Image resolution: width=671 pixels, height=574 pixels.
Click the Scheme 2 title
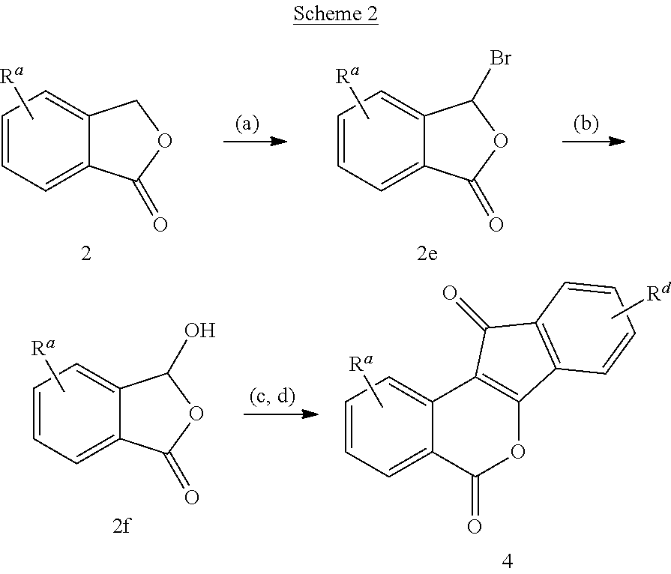point(336,14)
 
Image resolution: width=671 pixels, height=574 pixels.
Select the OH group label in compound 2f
point(198,330)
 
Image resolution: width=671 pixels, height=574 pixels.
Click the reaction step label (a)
point(247,123)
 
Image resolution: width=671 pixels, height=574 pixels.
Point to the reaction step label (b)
point(586,123)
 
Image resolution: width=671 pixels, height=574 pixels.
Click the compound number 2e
point(428,253)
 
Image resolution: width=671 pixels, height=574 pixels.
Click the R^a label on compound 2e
point(346,77)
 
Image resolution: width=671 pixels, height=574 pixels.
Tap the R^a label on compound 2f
point(43,348)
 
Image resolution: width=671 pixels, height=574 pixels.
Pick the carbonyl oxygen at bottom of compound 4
point(473,527)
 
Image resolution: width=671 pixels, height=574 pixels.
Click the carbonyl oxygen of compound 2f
point(192,495)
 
